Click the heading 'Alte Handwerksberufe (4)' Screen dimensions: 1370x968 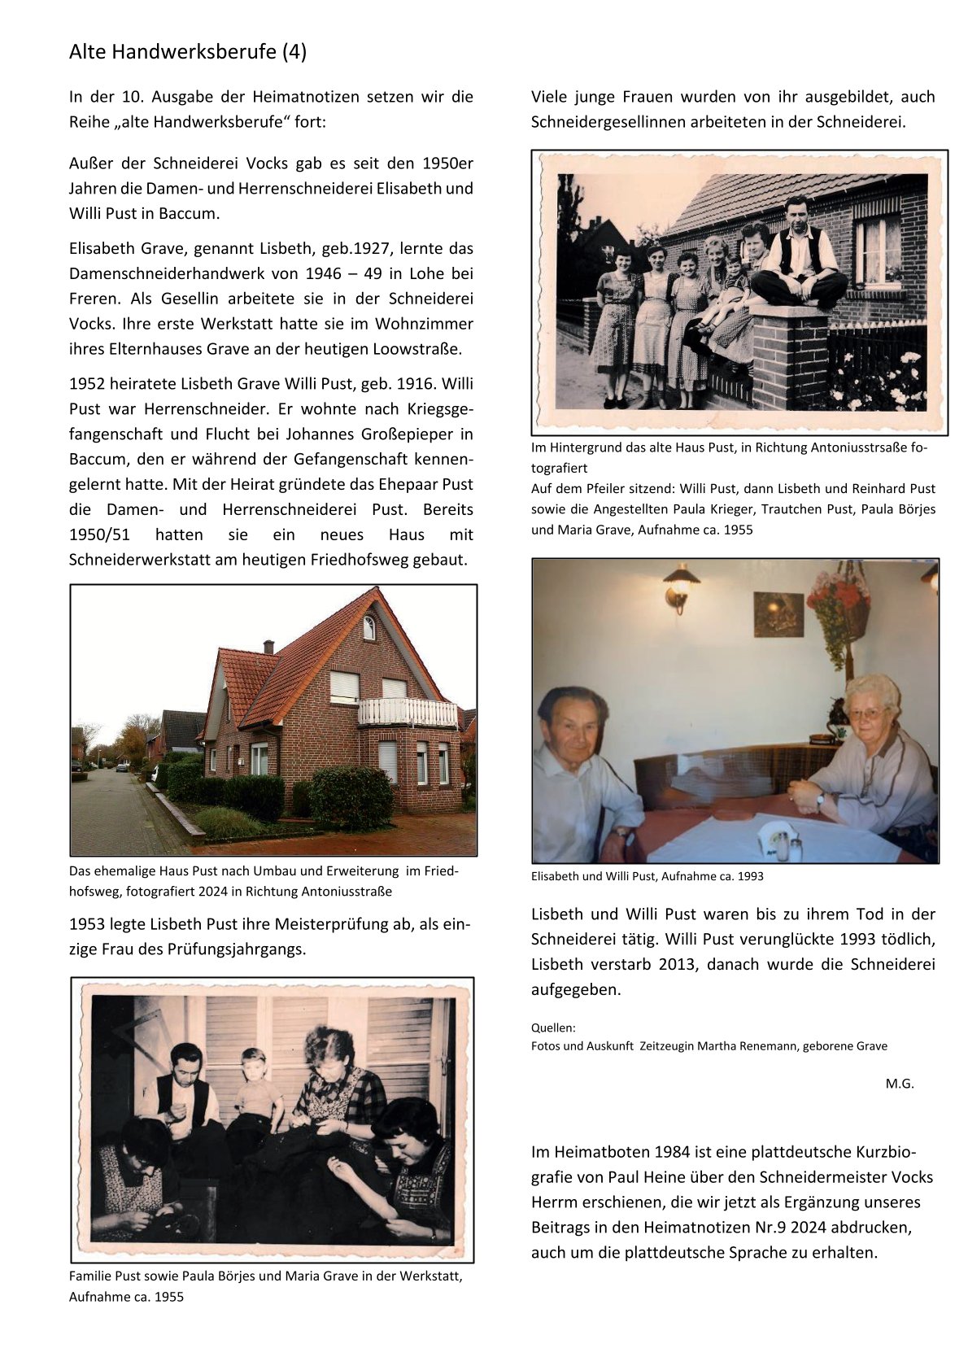pos(188,52)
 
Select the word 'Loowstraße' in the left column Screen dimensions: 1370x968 pos(416,350)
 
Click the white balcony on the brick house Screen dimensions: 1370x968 pos(408,712)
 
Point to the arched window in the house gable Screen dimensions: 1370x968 pos(368,626)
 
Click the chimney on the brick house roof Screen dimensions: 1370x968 pos(268,647)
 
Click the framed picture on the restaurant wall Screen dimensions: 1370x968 pos(778,614)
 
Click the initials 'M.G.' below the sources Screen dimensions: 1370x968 pos(900,1084)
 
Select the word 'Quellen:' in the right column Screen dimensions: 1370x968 pos(553,1027)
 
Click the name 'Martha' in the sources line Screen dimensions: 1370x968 pos(730,1046)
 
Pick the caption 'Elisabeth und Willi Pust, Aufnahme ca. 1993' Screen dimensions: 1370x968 pos(647,876)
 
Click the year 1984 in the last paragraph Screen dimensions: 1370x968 pos(670,1152)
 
